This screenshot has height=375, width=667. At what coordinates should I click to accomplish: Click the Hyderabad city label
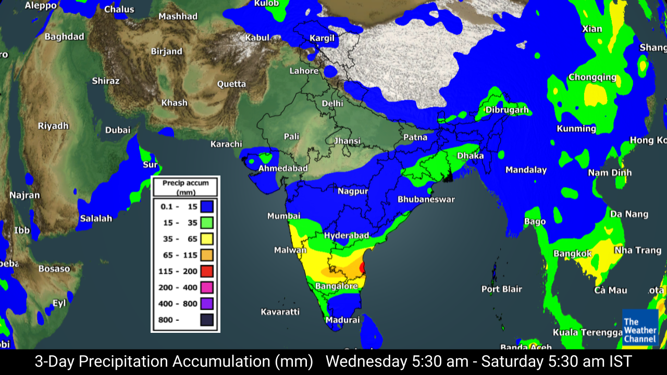[347, 236]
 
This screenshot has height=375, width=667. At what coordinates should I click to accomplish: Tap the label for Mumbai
[283, 216]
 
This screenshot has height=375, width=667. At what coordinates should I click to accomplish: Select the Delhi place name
[332, 104]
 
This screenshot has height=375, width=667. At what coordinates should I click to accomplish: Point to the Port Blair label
[501, 289]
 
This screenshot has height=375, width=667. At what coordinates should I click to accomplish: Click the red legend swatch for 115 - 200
[207, 271]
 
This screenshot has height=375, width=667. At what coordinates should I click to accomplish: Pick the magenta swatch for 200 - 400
[207, 287]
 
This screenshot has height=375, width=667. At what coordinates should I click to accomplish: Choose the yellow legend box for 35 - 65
[207, 239]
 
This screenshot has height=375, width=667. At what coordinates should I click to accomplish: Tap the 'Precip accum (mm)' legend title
[186, 187]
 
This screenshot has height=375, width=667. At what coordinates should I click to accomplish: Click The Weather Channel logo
[640, 328]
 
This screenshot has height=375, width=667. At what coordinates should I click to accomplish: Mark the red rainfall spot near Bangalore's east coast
[363, 268]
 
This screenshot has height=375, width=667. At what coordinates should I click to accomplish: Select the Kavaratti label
[280, 312]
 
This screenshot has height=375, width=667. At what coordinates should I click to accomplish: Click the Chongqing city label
[592, 77]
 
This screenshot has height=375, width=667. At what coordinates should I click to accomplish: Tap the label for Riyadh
[53, 126]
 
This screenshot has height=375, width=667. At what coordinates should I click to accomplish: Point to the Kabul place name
[257, 37]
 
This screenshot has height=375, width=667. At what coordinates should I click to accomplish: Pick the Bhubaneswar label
[426, 199]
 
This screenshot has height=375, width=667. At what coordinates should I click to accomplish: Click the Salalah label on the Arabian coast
[96, 218]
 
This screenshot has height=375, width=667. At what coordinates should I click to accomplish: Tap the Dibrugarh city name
[507, 110]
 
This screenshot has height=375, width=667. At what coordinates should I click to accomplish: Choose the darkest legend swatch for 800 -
[207, 319]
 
